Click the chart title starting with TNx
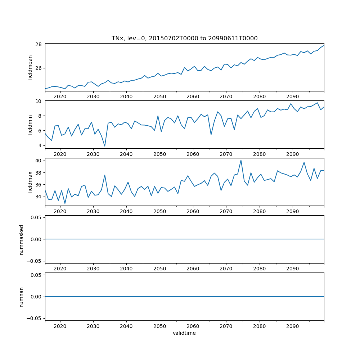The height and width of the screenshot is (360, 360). [184, 39]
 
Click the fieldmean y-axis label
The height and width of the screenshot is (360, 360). [30, 67]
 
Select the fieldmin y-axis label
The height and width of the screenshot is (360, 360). [30, 125]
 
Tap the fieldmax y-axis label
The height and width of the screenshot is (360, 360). [30, 182]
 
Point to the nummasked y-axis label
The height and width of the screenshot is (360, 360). [22, 239]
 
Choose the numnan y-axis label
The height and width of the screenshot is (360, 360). [22, 297]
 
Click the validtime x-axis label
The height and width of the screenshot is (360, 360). [184, 333]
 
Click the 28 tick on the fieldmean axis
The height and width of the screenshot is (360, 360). [38, 44]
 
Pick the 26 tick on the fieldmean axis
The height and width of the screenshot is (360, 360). [38, 68]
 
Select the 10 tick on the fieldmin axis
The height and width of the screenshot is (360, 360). [38, 101]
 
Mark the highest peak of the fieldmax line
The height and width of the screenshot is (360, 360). [241, 160]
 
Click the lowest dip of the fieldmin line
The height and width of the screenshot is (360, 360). [105, 146]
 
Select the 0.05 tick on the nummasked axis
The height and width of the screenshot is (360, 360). [35, 217]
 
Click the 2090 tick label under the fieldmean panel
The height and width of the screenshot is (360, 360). [292, 96]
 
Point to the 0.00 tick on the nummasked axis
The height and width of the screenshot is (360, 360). [35, 239]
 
